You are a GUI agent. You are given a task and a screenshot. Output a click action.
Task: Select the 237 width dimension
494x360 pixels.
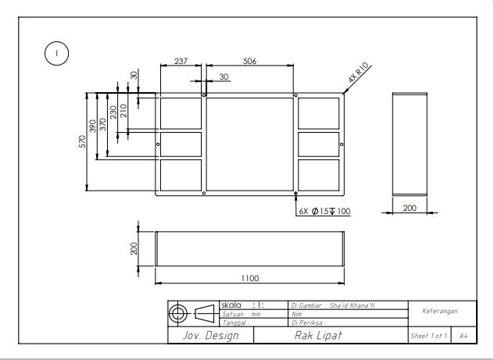point(182,61)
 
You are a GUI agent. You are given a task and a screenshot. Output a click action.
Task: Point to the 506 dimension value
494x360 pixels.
point(250,61)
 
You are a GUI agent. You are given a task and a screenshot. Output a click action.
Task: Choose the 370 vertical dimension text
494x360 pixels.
point(104,123)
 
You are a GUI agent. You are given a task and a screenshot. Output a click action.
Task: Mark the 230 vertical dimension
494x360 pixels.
point(114,112)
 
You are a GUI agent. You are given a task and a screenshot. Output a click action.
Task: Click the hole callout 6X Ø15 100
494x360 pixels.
point(324,211)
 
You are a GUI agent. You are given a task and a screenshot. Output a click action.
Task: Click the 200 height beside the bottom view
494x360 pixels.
point(134,248)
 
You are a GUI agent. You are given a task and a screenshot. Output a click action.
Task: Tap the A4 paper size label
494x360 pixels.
point(464,336)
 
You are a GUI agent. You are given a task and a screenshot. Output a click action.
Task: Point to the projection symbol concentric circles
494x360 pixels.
point(178,313)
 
